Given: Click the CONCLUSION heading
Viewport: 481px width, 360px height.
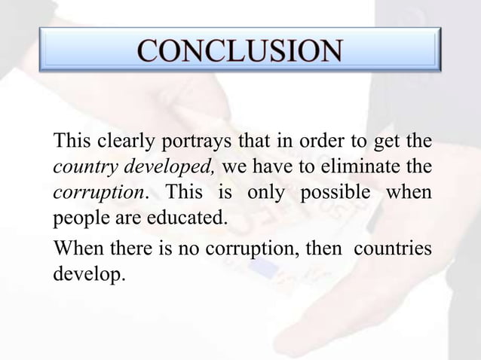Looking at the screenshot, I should pos(240,50).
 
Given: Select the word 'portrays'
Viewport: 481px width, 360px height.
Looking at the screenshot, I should pos(193,141).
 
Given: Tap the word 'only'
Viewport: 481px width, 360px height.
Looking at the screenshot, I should pos(266,192).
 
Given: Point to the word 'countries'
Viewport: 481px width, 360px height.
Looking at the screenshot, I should pos(394,246).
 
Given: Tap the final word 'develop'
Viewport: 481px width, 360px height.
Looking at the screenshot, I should pos(87,273).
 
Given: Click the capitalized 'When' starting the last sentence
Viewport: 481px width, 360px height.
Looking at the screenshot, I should pos(78,246).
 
